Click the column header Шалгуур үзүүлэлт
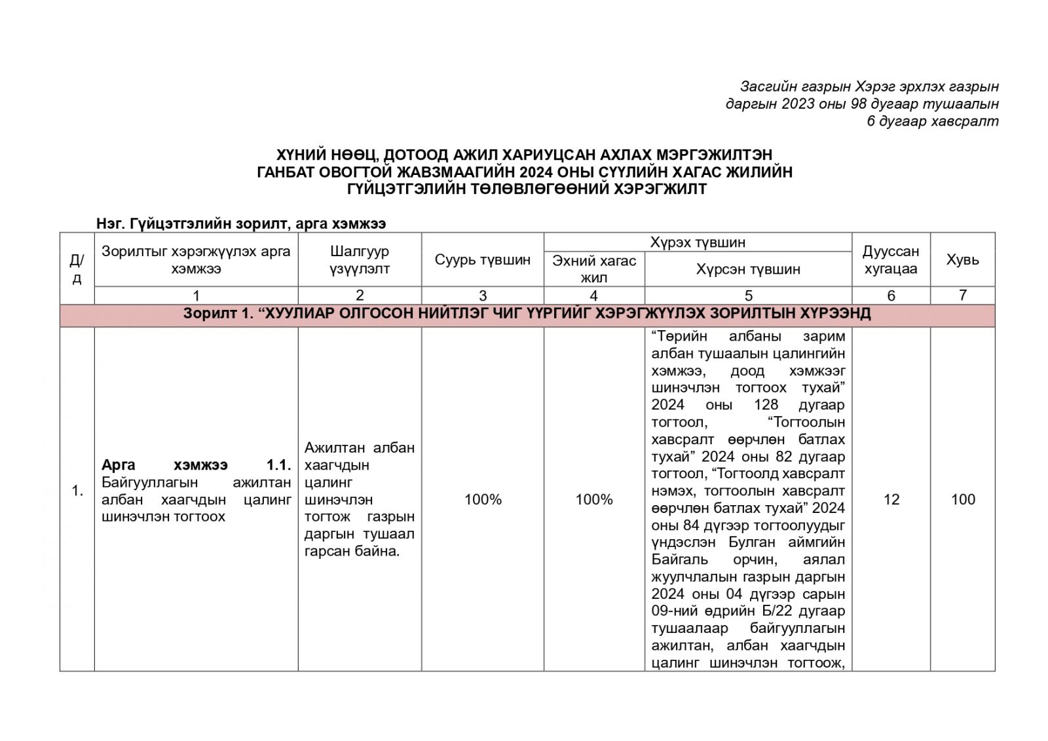point(360,260)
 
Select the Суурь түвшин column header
point(482,260)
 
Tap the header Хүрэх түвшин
point(698,242)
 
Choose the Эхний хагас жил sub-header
point(594,269)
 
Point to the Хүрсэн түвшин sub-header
point(748,269)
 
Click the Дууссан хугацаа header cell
point(891,260)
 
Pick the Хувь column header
point(962,259)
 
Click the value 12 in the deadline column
point(891,500)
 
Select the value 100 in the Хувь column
point(963,500)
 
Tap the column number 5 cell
point(749,295)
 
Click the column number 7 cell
point(962,295)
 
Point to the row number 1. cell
point(77,491)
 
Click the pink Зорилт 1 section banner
point(527,314)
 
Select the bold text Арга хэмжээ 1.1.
point(196,465)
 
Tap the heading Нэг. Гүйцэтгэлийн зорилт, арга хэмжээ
point(241,223)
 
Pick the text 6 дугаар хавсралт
point(933,121)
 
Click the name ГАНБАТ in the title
point(290,172)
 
